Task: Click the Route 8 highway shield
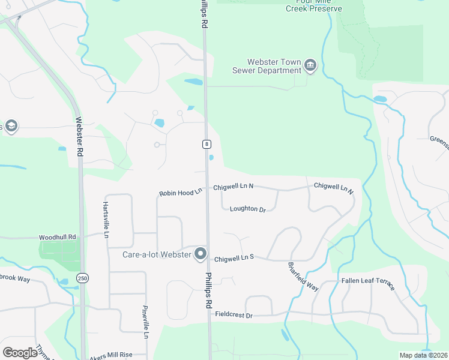point(206,144)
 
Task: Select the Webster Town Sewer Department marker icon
point(310,65)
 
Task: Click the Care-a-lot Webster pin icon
point(200,254)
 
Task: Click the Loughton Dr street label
point(247,209)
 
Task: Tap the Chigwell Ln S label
point(234,257)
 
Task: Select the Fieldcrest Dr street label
point(234,314)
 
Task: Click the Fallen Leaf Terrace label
point(368,283)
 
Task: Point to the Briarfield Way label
point(303,276)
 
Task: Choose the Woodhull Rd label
point(58,238)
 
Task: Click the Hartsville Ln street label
point(106,216)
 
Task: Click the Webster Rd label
point(78,136)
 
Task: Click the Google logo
point(20,352)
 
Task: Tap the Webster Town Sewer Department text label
point(267,66)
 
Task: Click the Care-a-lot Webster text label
point(157,255)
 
